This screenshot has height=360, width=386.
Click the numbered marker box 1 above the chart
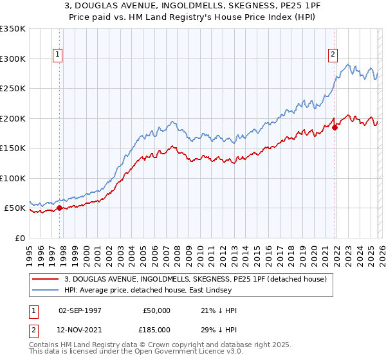click(58, 55)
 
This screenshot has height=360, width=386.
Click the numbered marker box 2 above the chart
click(333, 55)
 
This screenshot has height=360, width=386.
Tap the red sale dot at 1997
click(59, 208)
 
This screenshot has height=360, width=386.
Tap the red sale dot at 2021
click(335, 127)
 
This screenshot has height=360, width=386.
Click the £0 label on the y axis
click(19, 238)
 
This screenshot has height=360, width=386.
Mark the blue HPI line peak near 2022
click(348, 64)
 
